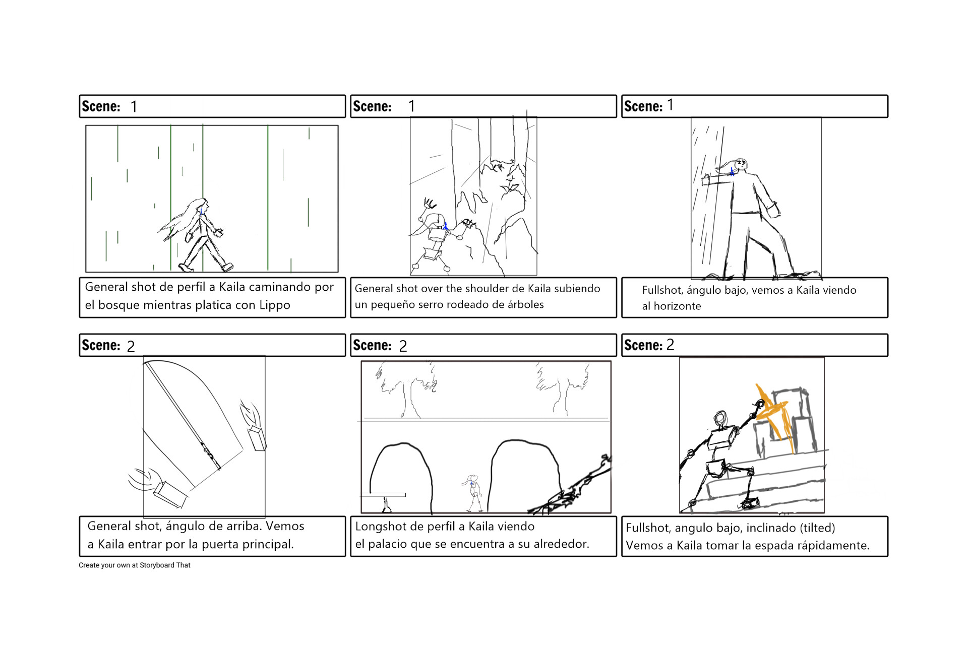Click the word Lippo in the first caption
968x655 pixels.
[275, 305]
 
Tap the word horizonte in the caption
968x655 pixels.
[677, 306]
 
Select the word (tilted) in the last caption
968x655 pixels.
[817, 528]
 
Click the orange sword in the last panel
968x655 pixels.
[775, 416]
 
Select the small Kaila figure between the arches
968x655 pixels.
[473, 491]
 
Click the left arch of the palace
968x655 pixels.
[401, 474]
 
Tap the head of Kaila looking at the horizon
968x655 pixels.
[740, 165]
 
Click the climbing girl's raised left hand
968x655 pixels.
[430, 203]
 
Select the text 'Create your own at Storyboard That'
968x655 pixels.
[135, 565]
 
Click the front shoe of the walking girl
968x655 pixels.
[228, 267]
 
